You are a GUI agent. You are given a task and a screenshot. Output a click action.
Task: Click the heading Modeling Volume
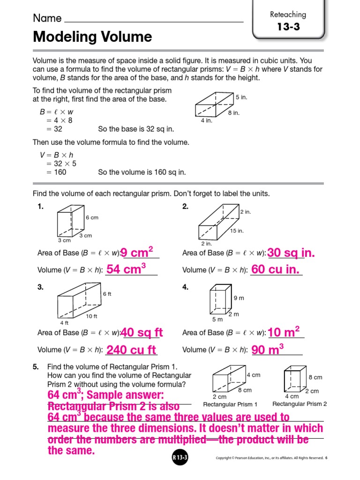click(92, 37)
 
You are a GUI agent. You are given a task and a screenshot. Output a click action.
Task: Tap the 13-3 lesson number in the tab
click(288, 27)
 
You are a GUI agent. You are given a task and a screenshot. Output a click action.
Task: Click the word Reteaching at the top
click(288, 15)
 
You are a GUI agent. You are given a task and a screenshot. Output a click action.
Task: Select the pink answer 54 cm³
click(127, 269)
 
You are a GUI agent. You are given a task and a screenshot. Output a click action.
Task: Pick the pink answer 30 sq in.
click(291, 253)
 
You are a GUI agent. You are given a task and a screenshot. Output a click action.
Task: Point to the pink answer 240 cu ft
click(131, 350)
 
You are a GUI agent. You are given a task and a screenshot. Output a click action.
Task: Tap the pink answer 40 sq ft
click(142, 333)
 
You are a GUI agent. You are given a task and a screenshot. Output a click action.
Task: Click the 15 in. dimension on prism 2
click(237, 231)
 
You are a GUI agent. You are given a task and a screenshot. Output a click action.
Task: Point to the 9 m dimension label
click(239, 298)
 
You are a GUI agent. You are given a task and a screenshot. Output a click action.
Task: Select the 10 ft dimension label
click(91, 316)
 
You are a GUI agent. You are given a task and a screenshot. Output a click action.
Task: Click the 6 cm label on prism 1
click(92, 217)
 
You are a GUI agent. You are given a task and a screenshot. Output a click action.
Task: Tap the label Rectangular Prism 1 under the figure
click(230, 404)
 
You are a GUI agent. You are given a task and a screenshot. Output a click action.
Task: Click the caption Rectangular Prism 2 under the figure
click(300, 404)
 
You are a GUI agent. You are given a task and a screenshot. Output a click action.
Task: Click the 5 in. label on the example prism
click(241, 97)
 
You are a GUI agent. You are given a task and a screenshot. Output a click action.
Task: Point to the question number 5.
click(35, 367)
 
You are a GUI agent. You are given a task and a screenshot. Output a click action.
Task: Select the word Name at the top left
click(47, 18)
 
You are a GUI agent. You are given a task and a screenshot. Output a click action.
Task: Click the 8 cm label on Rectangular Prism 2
click(315, 377)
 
